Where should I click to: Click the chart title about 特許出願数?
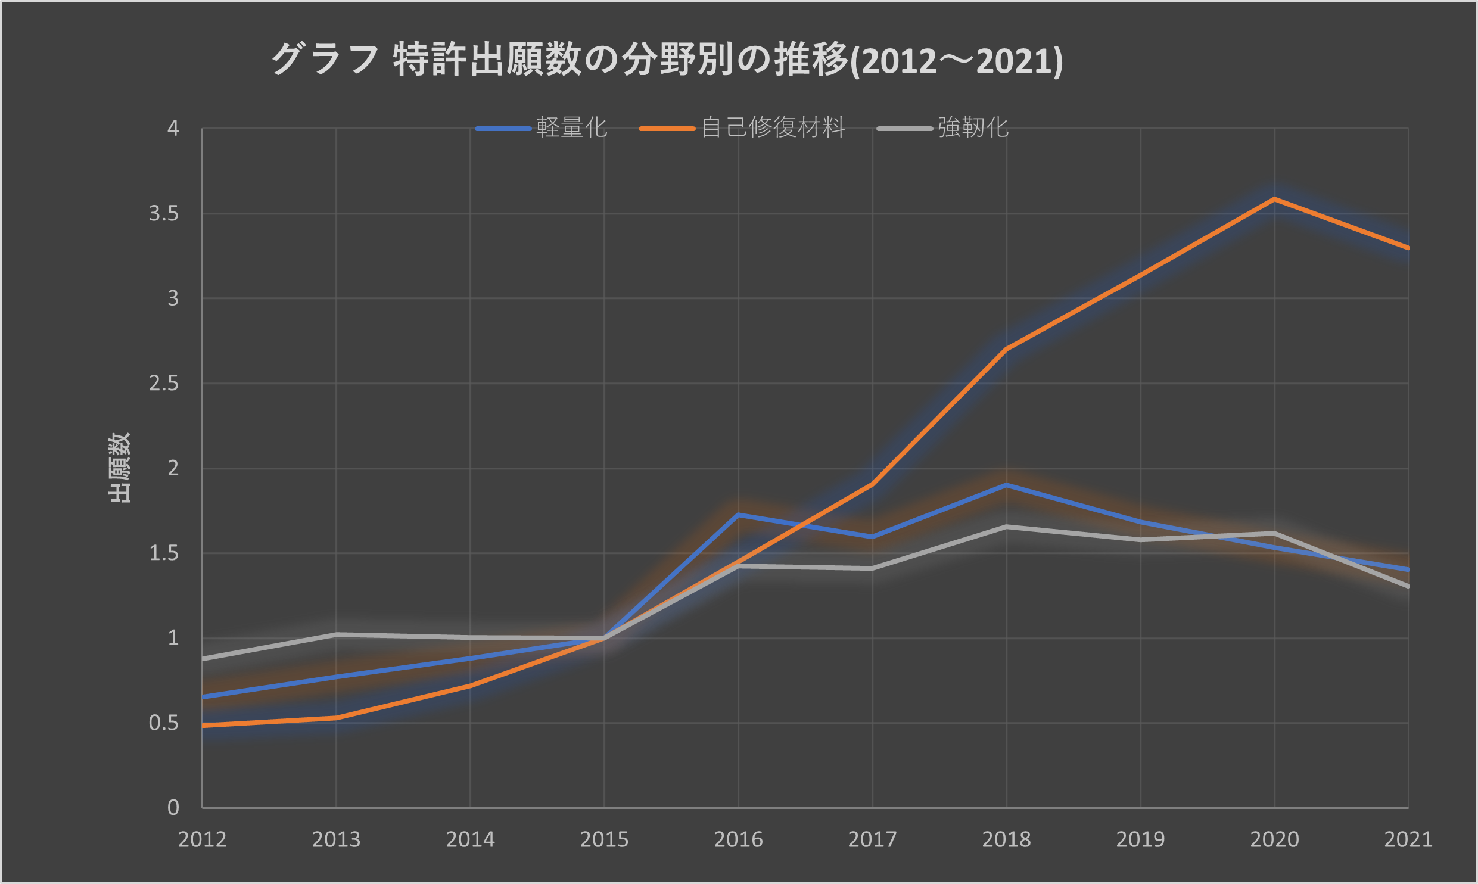[667, 60]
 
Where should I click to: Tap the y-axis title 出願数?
[119, 468]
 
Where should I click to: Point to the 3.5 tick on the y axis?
[164, 213]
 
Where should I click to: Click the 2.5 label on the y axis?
[164, 384]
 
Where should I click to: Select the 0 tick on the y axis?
[173, 808]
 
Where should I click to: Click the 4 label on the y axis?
[173, 128]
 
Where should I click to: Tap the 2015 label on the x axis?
[604, 839]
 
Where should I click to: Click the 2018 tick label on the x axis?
[1006, 839]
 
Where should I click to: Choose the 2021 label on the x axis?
[1408, 839]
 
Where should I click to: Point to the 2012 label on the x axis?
[203, 839]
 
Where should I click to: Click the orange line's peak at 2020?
[1274, 199]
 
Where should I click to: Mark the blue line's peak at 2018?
[1006, 485]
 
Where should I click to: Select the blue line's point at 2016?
[739, 514]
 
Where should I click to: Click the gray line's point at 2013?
[337, 634]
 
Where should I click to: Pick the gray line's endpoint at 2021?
[1407, 586]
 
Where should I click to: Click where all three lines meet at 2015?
[604, 638]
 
